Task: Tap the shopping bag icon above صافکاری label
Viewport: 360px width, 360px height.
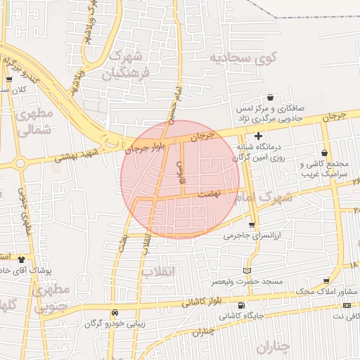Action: click(x=271, y=98)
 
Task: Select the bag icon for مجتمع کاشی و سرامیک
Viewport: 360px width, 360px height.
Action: click(x=323, y=153)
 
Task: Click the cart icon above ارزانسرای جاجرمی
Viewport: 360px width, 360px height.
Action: click(x=252, y=225)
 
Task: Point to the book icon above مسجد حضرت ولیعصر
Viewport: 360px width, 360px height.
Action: click(x=246, y=270)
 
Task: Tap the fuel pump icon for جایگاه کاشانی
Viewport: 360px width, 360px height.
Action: click(x=242, y=305)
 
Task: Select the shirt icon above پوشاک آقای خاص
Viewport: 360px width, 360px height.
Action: click(x=21, y=259)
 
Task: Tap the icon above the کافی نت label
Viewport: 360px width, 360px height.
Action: click(x=347, y=305)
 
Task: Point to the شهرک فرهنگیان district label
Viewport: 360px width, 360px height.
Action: click(x=126, y=64)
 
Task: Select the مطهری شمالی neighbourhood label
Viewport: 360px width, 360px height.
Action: click(x=32, y=122)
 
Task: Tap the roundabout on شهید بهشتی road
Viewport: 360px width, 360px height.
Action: click(x=20, y=164)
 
